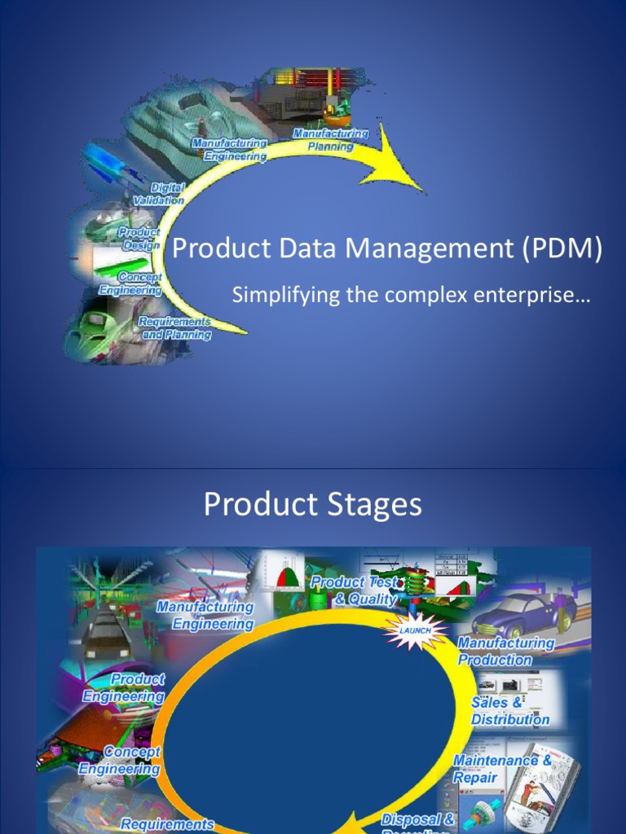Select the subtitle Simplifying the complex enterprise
(x=411, y=296)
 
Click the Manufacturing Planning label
(x=330, y=140)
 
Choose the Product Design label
(x=140, y=239)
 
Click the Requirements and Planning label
(x=175, y=328)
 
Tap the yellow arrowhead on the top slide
(x=399, y=162)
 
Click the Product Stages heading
(x=313, y=505)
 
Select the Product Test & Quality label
(x=355, y=590)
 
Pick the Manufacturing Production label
(x=505, y=651)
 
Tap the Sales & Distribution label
(x=509, y=711)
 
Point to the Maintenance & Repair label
(x=502, y=768)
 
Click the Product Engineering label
(x=124, y=687)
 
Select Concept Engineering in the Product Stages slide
(x=120, y=760)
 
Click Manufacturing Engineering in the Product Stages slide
(x=205, y=615)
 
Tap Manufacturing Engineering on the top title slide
(x=229, y=150)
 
